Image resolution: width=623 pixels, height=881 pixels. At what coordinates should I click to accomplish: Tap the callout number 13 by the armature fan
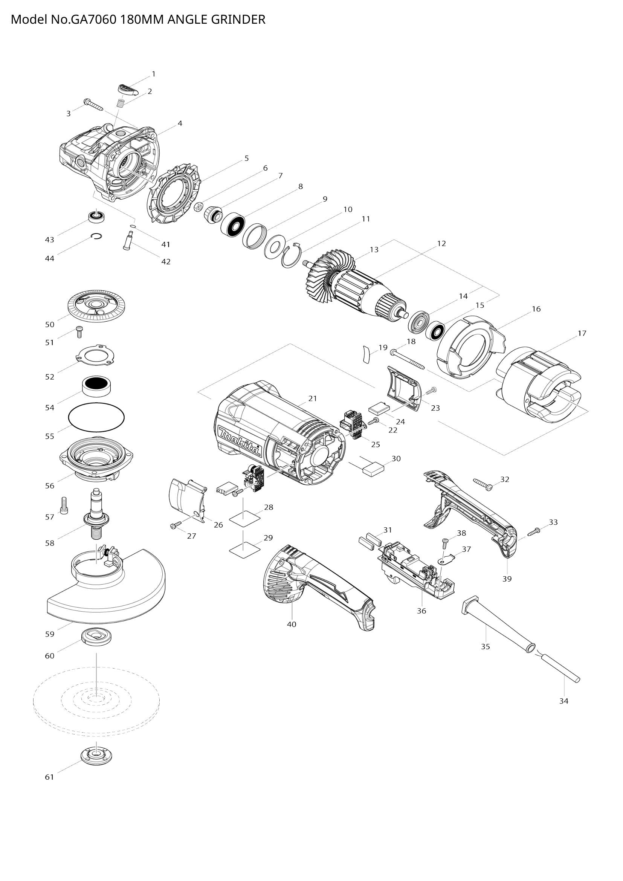374,249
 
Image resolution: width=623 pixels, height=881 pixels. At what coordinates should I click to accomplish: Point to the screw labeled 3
93,105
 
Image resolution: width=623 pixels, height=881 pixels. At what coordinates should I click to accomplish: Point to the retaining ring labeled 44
96,237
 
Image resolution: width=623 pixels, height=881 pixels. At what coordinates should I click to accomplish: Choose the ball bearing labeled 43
96,217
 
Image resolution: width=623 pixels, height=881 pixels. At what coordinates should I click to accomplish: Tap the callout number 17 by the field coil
582,333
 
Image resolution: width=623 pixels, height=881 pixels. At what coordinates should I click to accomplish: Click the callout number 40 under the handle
292,624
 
